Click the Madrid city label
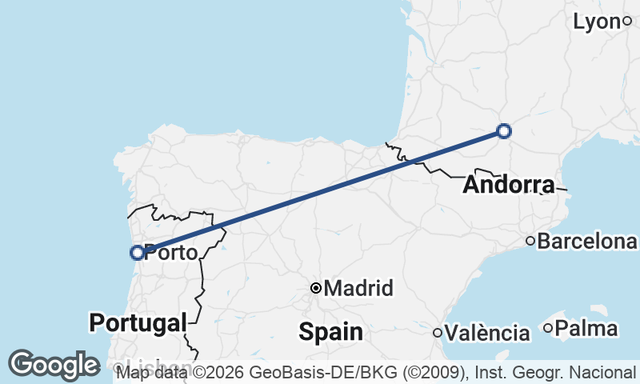359,288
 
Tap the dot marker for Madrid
317,288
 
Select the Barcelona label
587,241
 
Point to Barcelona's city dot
530,241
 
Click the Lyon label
597,22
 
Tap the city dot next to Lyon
628,22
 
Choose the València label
488,333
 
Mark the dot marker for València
438,333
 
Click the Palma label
586,328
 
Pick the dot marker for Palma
548,328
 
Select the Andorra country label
508,186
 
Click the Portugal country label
138,322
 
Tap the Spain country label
331,330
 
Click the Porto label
171,253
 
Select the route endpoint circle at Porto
138,253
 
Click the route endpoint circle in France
504,131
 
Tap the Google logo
54,365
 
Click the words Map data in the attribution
148,373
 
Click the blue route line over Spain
320,192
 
